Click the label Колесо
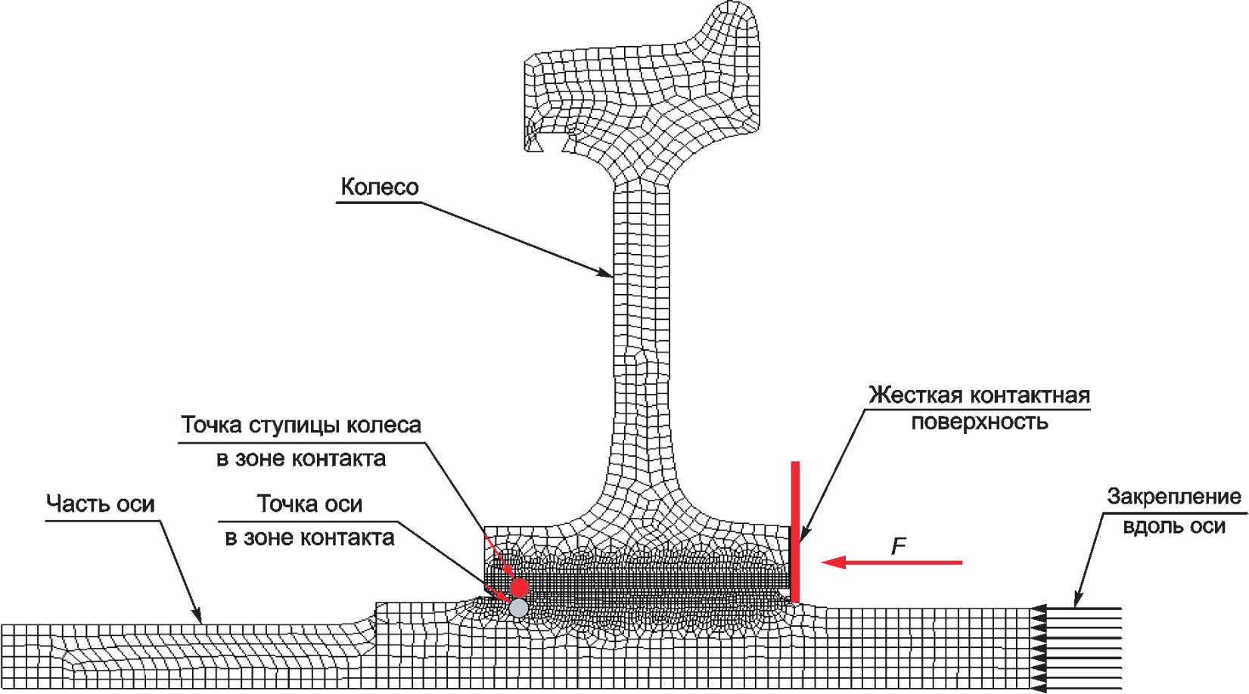379,187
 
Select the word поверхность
979,422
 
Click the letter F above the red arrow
898,546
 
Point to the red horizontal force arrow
893,562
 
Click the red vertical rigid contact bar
795,529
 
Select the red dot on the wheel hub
519,587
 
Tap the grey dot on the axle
518,607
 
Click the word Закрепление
1173,497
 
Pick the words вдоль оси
1173,525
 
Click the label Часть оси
100,503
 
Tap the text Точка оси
309,503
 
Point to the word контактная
1030,395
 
